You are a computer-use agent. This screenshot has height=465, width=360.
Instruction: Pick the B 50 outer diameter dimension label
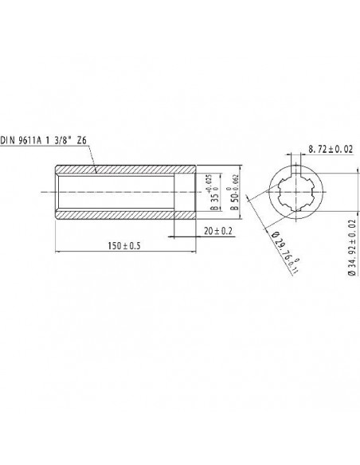point(235,193)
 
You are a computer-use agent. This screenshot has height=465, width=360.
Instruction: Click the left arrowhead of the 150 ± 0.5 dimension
point(57,251)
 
